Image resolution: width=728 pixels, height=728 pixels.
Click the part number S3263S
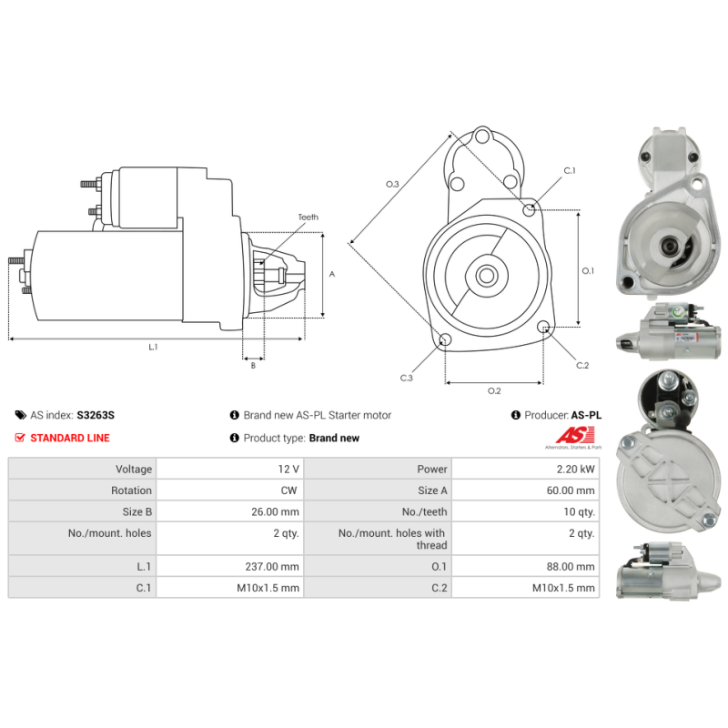point(96,415)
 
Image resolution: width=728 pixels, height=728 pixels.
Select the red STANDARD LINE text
point(70,438)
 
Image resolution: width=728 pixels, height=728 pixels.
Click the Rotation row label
point(131,490)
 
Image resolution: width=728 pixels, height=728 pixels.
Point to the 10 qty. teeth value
point(579,511)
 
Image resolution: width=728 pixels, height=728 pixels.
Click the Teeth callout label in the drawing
point(308,217)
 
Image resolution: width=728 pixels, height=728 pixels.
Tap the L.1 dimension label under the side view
point(153,347)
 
